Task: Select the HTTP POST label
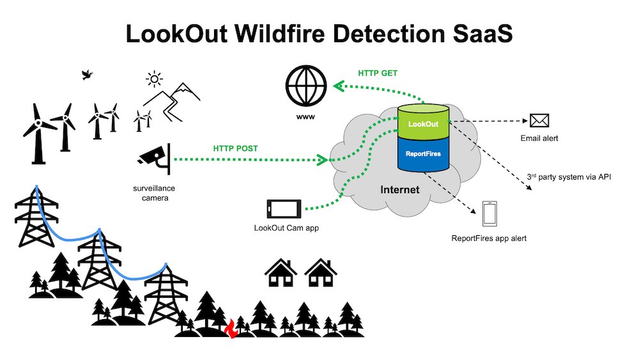[236, 148]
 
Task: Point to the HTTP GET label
[378, 74]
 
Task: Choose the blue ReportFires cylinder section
[422, 153]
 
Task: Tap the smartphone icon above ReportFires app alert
[489, 214]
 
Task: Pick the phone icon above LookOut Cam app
[284, 208]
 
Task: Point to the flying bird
[87, 75]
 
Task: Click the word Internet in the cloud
[400, 189]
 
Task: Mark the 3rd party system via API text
[569, 176]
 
